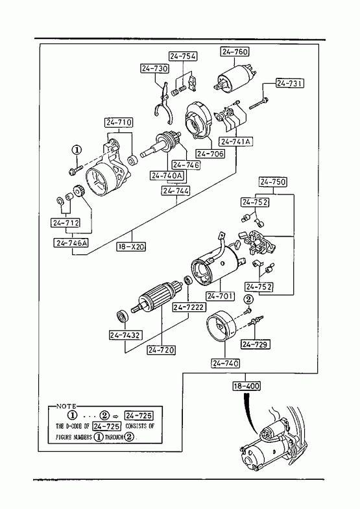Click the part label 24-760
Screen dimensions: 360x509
[x=235, y=52]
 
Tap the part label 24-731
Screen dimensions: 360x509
[x=290, y=83]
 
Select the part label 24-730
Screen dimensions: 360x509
[x=154, y=69]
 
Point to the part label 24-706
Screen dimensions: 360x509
[x=210, y=154]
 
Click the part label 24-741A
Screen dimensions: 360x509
[x=236, y=141]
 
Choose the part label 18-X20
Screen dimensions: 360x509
[x=131, y=246]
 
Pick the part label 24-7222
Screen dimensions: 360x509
[x=189, y=307]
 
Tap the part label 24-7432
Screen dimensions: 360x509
[x=126, y=335]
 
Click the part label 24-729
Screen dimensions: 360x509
[x=256, y=344]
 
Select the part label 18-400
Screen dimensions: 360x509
[x=246, y=386]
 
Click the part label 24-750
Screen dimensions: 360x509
[x=273, y=182]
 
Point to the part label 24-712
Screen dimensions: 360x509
[x=66, y=223]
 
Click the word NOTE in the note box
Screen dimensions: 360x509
[x=67, y=406]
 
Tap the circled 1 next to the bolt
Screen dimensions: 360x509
[x=77, y=150]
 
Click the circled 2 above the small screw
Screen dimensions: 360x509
[x=248, y=299]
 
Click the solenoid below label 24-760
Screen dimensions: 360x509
[x=234, y=77]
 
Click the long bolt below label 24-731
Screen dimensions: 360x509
[x=259, y=103]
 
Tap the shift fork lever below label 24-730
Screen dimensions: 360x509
[x=163, y=103]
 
